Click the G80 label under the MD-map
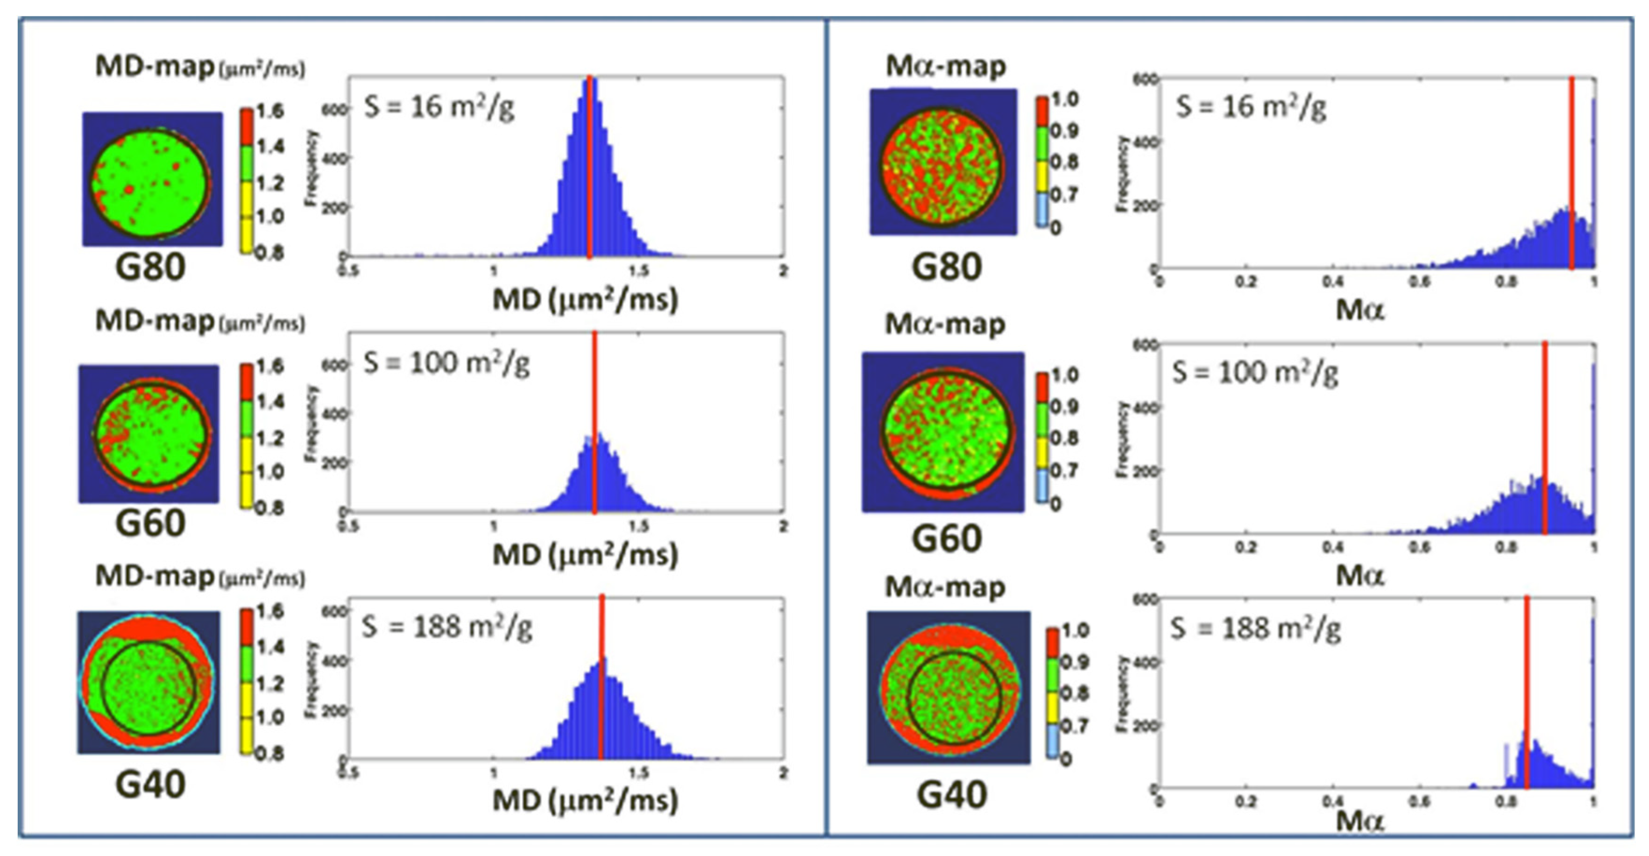tap(150, 268)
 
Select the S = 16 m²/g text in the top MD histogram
tap(439, 106)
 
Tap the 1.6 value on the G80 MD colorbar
tap(270, 112)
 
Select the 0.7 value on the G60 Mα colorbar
tap(1064, 471)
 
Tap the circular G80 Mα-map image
tap(942, 163)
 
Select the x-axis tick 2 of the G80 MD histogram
tap(783, 271)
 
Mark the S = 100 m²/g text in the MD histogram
tap(446, 364)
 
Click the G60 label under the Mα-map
tap(946, 539)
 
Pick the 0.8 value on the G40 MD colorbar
tap(269, 754)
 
